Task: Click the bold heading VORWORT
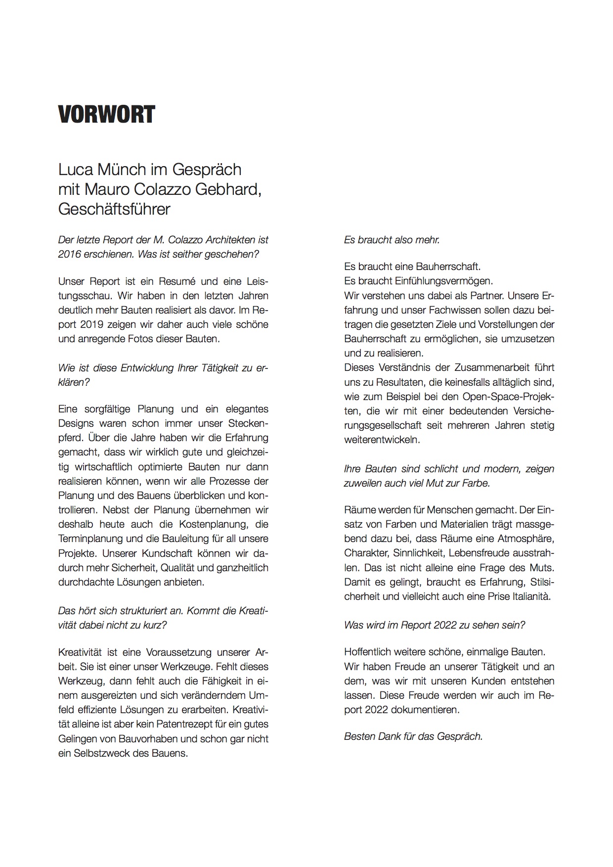(107, 115)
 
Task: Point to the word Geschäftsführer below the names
(114, 209)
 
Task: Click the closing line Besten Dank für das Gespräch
(413, 736)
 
